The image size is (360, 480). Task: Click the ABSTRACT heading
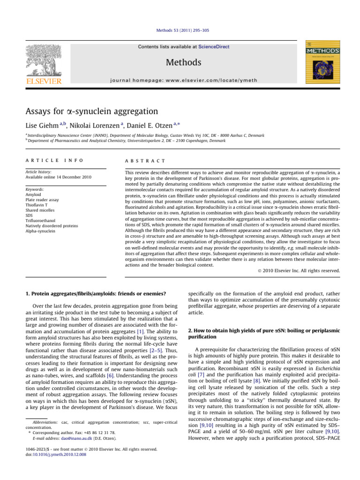coord(145,160)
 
